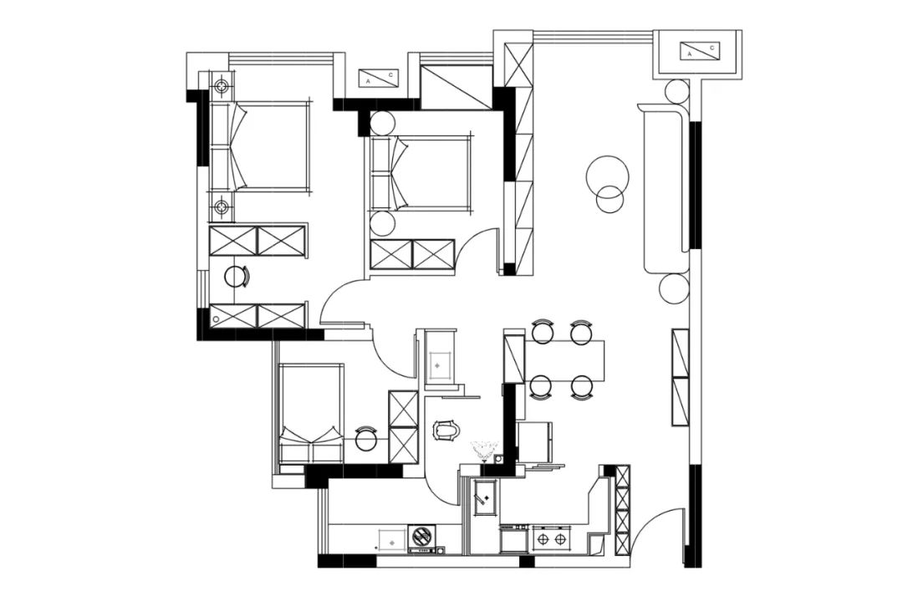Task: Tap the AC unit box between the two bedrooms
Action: (378, 79)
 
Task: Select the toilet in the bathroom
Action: (447, 430)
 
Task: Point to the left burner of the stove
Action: (543, 539)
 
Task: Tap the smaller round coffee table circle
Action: (610, 199)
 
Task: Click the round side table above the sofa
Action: (676, 91)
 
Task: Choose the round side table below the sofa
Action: (674, 288)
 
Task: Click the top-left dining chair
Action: (542, 332)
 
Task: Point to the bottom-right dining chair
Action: (582, 387)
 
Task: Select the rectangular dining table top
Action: (564, 360)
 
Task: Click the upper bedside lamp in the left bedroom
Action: (221, 87)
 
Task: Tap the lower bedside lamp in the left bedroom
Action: (221, 206)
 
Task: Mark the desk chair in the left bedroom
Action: (236, 277)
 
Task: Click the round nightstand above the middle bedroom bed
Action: (382, 123)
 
